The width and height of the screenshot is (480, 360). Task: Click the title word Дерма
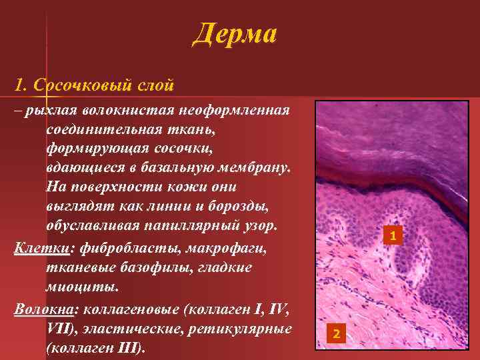(x=234, y=33)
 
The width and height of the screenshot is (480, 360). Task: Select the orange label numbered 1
(x=393, y=236)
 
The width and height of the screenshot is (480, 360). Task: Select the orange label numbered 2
(x=336, y=333)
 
